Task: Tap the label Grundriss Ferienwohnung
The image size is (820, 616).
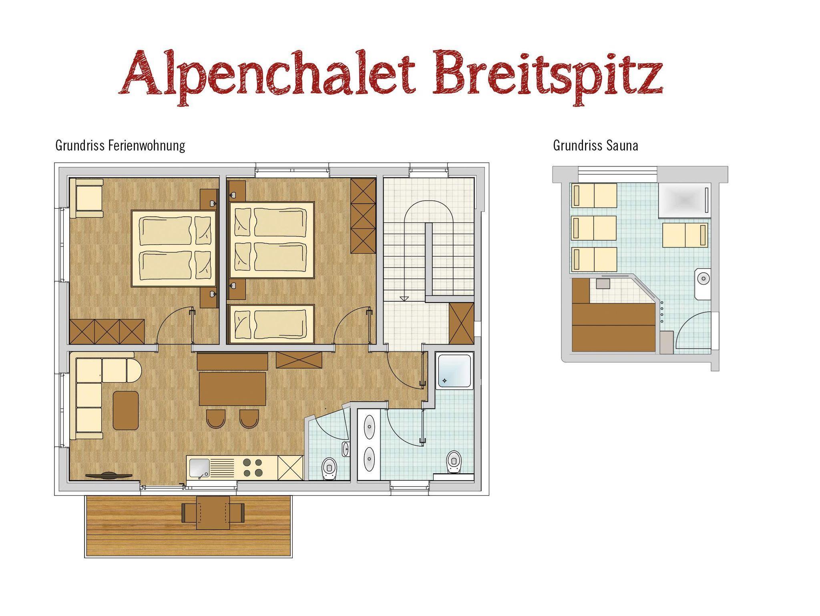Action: (120, 145)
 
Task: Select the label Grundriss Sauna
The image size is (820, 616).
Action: (595, 145)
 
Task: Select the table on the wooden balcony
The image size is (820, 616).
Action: (213, 513)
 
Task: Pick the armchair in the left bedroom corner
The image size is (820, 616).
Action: (86, 199)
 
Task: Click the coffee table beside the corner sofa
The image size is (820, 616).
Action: (126, 410)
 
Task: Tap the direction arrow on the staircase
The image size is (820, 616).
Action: (404, 298)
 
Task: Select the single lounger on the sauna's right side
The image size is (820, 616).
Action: (685, 235)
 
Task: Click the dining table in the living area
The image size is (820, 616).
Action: (232, 389)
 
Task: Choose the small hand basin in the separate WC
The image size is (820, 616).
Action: (346, 449)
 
